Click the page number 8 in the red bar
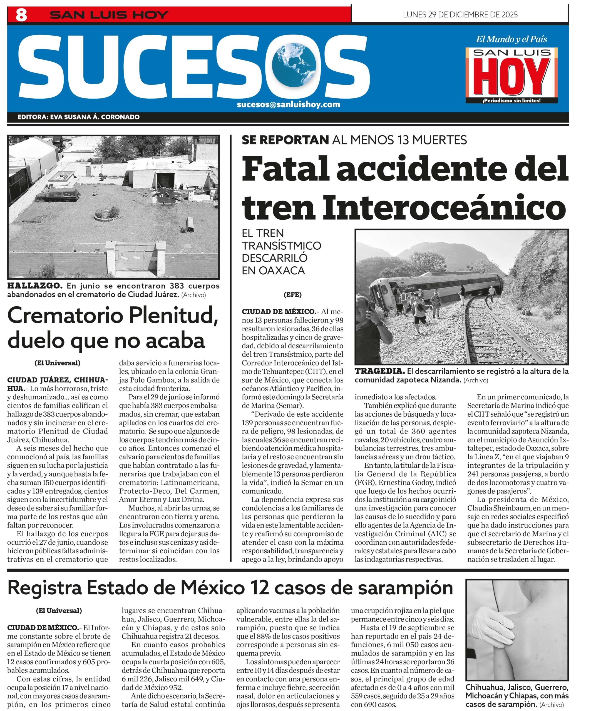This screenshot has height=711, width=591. coord(21,15)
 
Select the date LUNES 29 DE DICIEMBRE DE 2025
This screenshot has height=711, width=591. coord(460,14)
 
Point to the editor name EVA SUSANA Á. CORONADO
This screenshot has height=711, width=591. coord(95,117)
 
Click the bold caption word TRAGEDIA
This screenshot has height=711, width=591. coord(379,371)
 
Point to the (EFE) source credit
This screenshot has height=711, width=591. coord(292,295)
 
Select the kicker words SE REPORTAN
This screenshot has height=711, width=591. coord(285,140)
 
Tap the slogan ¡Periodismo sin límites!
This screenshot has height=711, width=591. coord(511,101)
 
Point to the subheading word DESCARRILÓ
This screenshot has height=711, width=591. coord(274,258)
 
